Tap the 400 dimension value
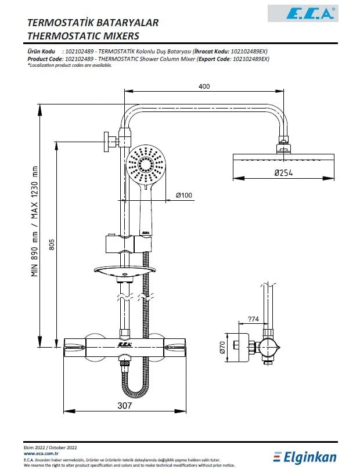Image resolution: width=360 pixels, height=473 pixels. (x=204, y=86)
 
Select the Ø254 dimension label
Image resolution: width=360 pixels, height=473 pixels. (x=283, y=173)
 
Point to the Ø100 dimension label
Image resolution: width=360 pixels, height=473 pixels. (x=183, y=195)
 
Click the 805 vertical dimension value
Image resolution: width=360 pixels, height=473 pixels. (x=52, y=244)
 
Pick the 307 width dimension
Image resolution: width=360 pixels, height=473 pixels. (x=125, y=405)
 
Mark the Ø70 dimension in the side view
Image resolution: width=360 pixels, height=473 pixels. (x=222, y=347)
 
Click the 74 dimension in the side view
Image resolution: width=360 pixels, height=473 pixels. (x=253, y=319)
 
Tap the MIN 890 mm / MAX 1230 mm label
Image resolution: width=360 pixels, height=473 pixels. (x=35, y=221)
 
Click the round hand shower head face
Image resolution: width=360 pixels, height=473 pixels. (x=146, y=164)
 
